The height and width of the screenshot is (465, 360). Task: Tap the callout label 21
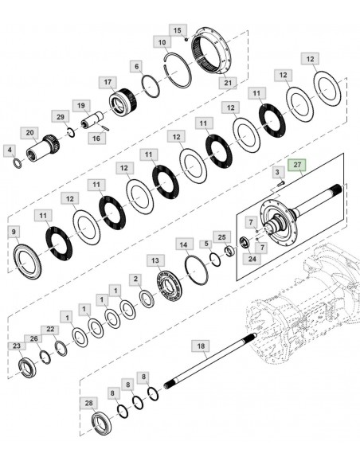pyautogui.click(x=229, y=82)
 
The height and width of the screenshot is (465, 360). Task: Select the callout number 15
pyautogui.click(x=177, y=29)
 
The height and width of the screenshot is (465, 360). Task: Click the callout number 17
pyautogui.click(x=108, y=82)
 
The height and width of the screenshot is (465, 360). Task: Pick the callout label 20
pyautogui.click(x=29, y=132)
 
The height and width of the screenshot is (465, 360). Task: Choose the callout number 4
pyautogui.click(x=9, y=150)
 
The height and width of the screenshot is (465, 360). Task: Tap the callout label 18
pyautogui.click(x=201, y=346)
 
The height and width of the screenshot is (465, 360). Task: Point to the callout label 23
pyautogui.click(x=16, y=346)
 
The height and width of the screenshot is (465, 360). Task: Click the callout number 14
pyautogui.click(x=183, y=244)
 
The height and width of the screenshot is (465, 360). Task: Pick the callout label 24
pyautogui.click(x=252, y=257)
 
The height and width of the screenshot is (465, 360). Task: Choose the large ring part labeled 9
pyautogui.click(x=29, y=260)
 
